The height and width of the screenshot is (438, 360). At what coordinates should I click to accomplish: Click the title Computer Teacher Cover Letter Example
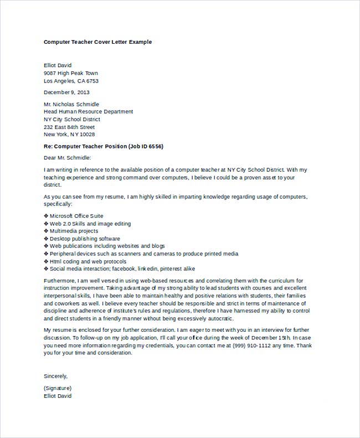coord(97,42)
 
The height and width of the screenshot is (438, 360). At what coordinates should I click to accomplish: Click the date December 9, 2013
coord(66,92)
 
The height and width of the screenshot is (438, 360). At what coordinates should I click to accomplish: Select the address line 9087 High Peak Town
coord(71,73)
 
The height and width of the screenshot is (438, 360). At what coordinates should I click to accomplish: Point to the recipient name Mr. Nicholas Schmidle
coord(71,104)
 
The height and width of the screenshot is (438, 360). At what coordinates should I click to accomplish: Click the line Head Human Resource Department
coord(89,112)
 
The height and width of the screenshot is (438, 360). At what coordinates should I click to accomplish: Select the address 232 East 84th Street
coord(69,127)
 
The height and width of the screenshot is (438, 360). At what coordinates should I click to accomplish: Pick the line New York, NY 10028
coord(69,135)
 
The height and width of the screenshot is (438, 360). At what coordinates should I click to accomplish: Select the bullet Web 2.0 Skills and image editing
coord(90,224)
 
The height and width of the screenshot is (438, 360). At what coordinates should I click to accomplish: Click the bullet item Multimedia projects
coord(74,231)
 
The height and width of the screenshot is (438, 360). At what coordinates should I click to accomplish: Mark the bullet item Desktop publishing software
coord(81,239)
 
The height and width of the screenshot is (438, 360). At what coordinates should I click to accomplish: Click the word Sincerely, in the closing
coord(55,376)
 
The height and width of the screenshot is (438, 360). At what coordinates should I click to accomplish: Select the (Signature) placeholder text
coord(58,388)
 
